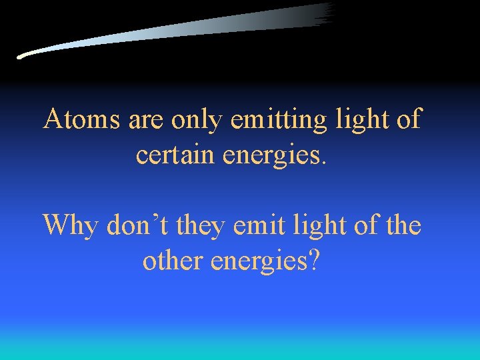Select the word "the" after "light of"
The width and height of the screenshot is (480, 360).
click(402, 225)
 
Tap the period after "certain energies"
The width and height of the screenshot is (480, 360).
click(325, 162)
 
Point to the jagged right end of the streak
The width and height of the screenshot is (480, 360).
click(328, 13)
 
